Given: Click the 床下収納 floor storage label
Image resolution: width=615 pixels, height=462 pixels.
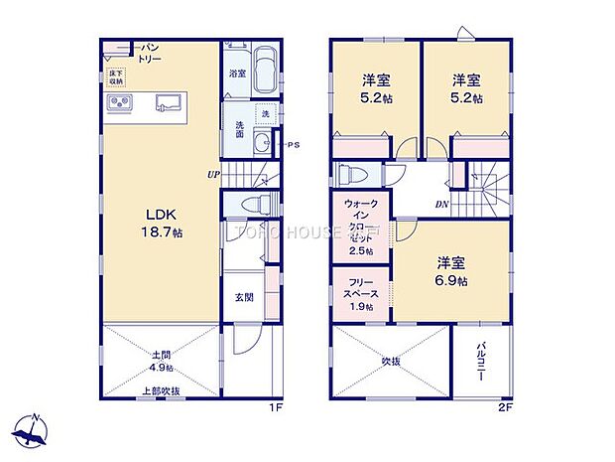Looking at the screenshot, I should pyautogui.click(x=116, y=75).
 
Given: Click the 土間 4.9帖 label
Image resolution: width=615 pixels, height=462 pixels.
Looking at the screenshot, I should pyautogui.click(x=164, y=360).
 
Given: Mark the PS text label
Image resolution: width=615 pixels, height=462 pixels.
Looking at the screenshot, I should pyautogui.click(x=295, y=146).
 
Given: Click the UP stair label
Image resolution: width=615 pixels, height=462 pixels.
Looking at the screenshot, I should pyautogui.click(x=213, y=175).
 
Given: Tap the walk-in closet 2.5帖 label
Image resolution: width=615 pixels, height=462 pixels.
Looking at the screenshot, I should pyautogui.click(x=360, y=226).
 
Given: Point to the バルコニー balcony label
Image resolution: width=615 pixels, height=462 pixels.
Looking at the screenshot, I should pyautogui.click(x=479, y=364).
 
